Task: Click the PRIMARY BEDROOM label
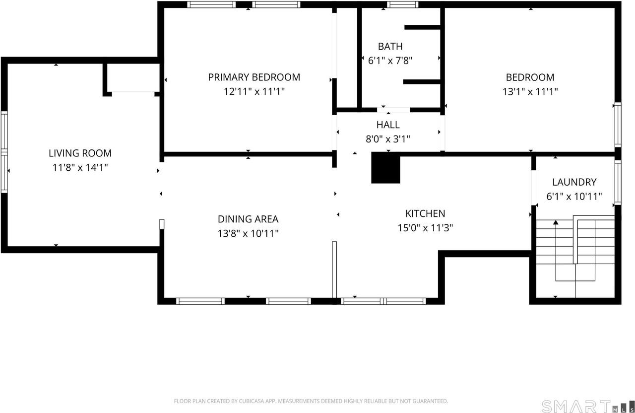tap(254, 77)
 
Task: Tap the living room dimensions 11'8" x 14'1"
tap(80, 168)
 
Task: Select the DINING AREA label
tap(248, 219)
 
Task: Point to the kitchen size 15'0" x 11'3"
tap(425, 228)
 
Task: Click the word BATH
tap(390, 46)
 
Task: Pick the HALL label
tap(387, 125)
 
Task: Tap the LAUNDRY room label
tap(574, 182)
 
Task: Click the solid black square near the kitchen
tap(385, 168)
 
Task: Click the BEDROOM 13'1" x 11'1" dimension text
tap(530, 91)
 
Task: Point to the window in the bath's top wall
tap(402, 4)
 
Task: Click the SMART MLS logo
tap(586, 406)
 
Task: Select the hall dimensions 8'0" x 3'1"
tap(387, 139)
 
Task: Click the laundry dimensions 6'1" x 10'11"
tap(574, 196)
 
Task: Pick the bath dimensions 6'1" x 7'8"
tap(390, 61)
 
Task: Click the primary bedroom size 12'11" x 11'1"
tap(254, 91)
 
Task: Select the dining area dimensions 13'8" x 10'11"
tap(248, 233)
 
